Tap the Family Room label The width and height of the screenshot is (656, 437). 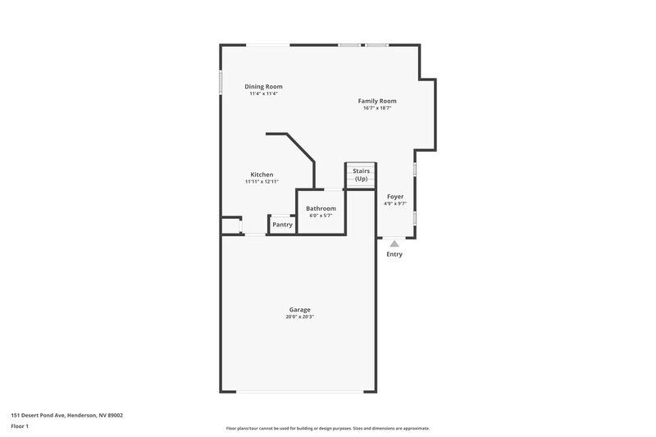click(376, 101)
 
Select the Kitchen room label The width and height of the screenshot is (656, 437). click(262, 175)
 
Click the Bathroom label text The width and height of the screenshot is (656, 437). click(321, 208)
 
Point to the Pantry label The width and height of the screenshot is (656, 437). click(282, 225)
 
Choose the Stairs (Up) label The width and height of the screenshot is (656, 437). click(361, 175)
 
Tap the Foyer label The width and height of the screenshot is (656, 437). click(395, 197)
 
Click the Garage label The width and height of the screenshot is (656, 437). click(298, 309)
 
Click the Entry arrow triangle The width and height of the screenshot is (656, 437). click(394, 243)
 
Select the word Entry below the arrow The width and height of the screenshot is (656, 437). click(394, 254)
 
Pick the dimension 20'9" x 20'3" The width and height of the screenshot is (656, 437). click(298, 316)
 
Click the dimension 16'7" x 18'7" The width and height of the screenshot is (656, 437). click(376, 108)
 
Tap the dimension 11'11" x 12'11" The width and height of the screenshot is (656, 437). click(262, 182)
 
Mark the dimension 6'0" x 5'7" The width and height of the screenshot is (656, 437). click(321, 216)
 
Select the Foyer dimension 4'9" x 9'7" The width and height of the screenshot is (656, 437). click(395, 204)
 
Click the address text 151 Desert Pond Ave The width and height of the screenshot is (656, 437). click(66, 415)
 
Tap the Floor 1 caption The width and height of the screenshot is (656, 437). click(20, 426)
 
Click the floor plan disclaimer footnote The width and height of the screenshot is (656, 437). click(327, 428)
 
